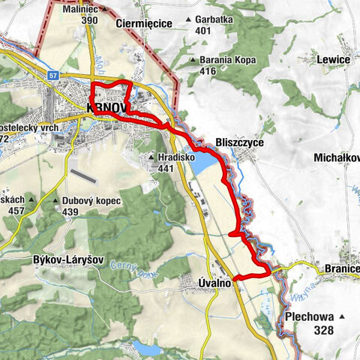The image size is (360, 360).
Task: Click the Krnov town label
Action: click(103, 107)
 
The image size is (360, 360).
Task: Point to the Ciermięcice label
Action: click(145, 24)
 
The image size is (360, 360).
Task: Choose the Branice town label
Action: click(343, 268)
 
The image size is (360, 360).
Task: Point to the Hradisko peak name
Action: click(176, 157)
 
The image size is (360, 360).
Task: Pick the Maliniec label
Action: click(82, 9)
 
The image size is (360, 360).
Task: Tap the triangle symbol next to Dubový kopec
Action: click(57, 201)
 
